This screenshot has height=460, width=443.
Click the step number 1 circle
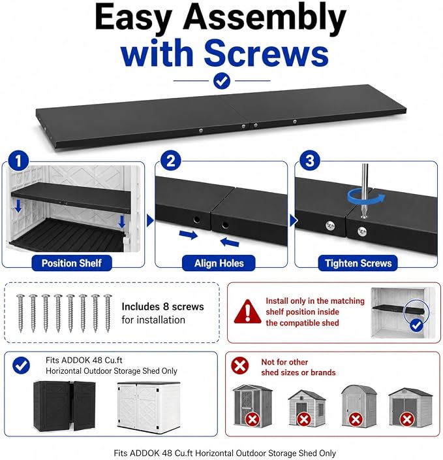(18, 161)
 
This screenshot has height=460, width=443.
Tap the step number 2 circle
(171, 161)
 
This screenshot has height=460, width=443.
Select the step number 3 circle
(310, 161)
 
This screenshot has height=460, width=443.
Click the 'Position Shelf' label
(72, 263)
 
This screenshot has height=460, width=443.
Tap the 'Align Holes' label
(219, 263)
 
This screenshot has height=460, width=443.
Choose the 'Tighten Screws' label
(358, 263)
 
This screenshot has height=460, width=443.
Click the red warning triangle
(247, 312)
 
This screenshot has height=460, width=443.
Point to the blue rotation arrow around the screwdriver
(366, 197)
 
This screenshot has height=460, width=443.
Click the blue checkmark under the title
(222, 81)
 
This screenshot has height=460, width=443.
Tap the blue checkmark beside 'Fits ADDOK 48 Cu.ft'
(21, 365)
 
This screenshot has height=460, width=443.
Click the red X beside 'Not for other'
(240, 365)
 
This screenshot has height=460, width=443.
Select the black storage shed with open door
(65, 406)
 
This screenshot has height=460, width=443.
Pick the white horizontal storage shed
(149, 408)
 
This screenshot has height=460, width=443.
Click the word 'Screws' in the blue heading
(266, 53)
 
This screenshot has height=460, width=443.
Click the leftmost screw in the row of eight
(20, 313)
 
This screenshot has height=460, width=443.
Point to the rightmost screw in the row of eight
(108, 313)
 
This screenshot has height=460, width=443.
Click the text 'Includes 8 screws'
(162, 306)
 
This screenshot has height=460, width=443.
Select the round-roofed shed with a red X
(359, 406)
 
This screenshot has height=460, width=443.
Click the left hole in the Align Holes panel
(196, 219)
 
